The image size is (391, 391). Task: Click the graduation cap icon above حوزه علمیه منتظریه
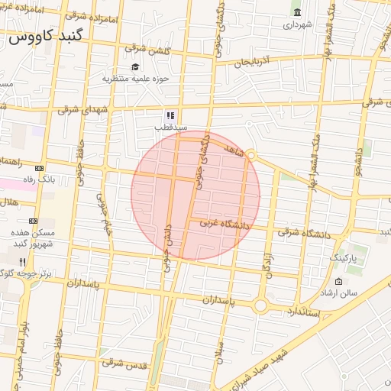[136, 67]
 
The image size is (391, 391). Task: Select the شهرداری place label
[298, 24]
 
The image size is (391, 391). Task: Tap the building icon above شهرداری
[297, 12]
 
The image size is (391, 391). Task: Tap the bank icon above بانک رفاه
[40, 168]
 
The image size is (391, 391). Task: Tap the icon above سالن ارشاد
[339, 282]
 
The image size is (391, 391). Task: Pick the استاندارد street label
[305, 312]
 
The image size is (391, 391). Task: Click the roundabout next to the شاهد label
[250, 156]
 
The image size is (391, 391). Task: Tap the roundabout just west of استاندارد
[260, 306]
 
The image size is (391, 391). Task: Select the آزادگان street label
[269, 263]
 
